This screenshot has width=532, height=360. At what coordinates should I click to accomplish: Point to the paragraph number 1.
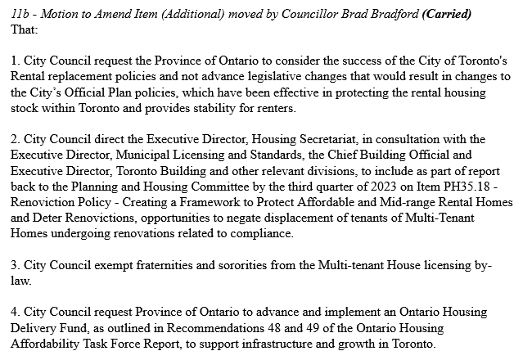[15, 62]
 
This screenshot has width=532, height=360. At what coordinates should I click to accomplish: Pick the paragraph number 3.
[15, 266]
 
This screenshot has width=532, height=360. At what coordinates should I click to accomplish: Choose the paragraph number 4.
[15, 313]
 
